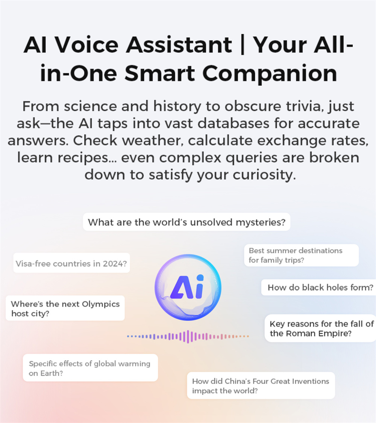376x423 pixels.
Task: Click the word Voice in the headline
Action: (x=87, y=44)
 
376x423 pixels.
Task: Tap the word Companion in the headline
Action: (x=270, y=73)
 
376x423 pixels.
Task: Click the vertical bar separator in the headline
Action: (x=242, y=44)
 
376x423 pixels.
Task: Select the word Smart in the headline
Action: (x=160, y=73)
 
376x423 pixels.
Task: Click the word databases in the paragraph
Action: (x=233, y=123)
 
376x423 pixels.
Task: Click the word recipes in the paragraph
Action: (x=87, y=157)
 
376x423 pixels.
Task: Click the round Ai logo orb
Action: (x=188, y=287)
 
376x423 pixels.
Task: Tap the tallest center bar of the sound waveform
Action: (x=188, y=336)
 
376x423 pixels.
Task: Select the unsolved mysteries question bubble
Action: (x=186, y=222)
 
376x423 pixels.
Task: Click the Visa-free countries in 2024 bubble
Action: (x=71, y=263)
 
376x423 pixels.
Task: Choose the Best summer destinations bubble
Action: (x=302, y=255)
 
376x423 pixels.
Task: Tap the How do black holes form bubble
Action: (x=318, y=287)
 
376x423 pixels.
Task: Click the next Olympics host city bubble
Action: (x=65, y=308)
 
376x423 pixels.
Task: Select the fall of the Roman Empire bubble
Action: (x=320, y=328)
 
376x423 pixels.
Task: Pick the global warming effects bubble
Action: (x=90, y=368)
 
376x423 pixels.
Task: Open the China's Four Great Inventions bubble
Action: (x=261, y=386)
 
